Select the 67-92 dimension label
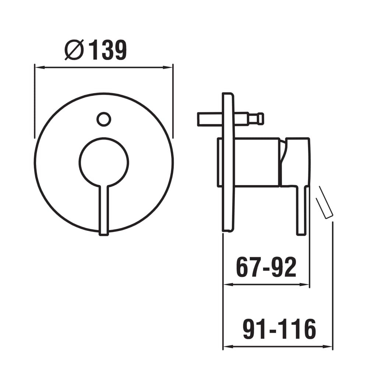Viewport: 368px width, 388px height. (266, 267)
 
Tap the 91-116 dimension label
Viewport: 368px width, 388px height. (279, 329)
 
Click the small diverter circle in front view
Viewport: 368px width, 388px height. (104, 119)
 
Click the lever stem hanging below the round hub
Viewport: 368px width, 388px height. (104, 210)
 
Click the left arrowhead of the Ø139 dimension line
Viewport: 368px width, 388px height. (40, 67)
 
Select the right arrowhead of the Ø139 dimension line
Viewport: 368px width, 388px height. (167, 67)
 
